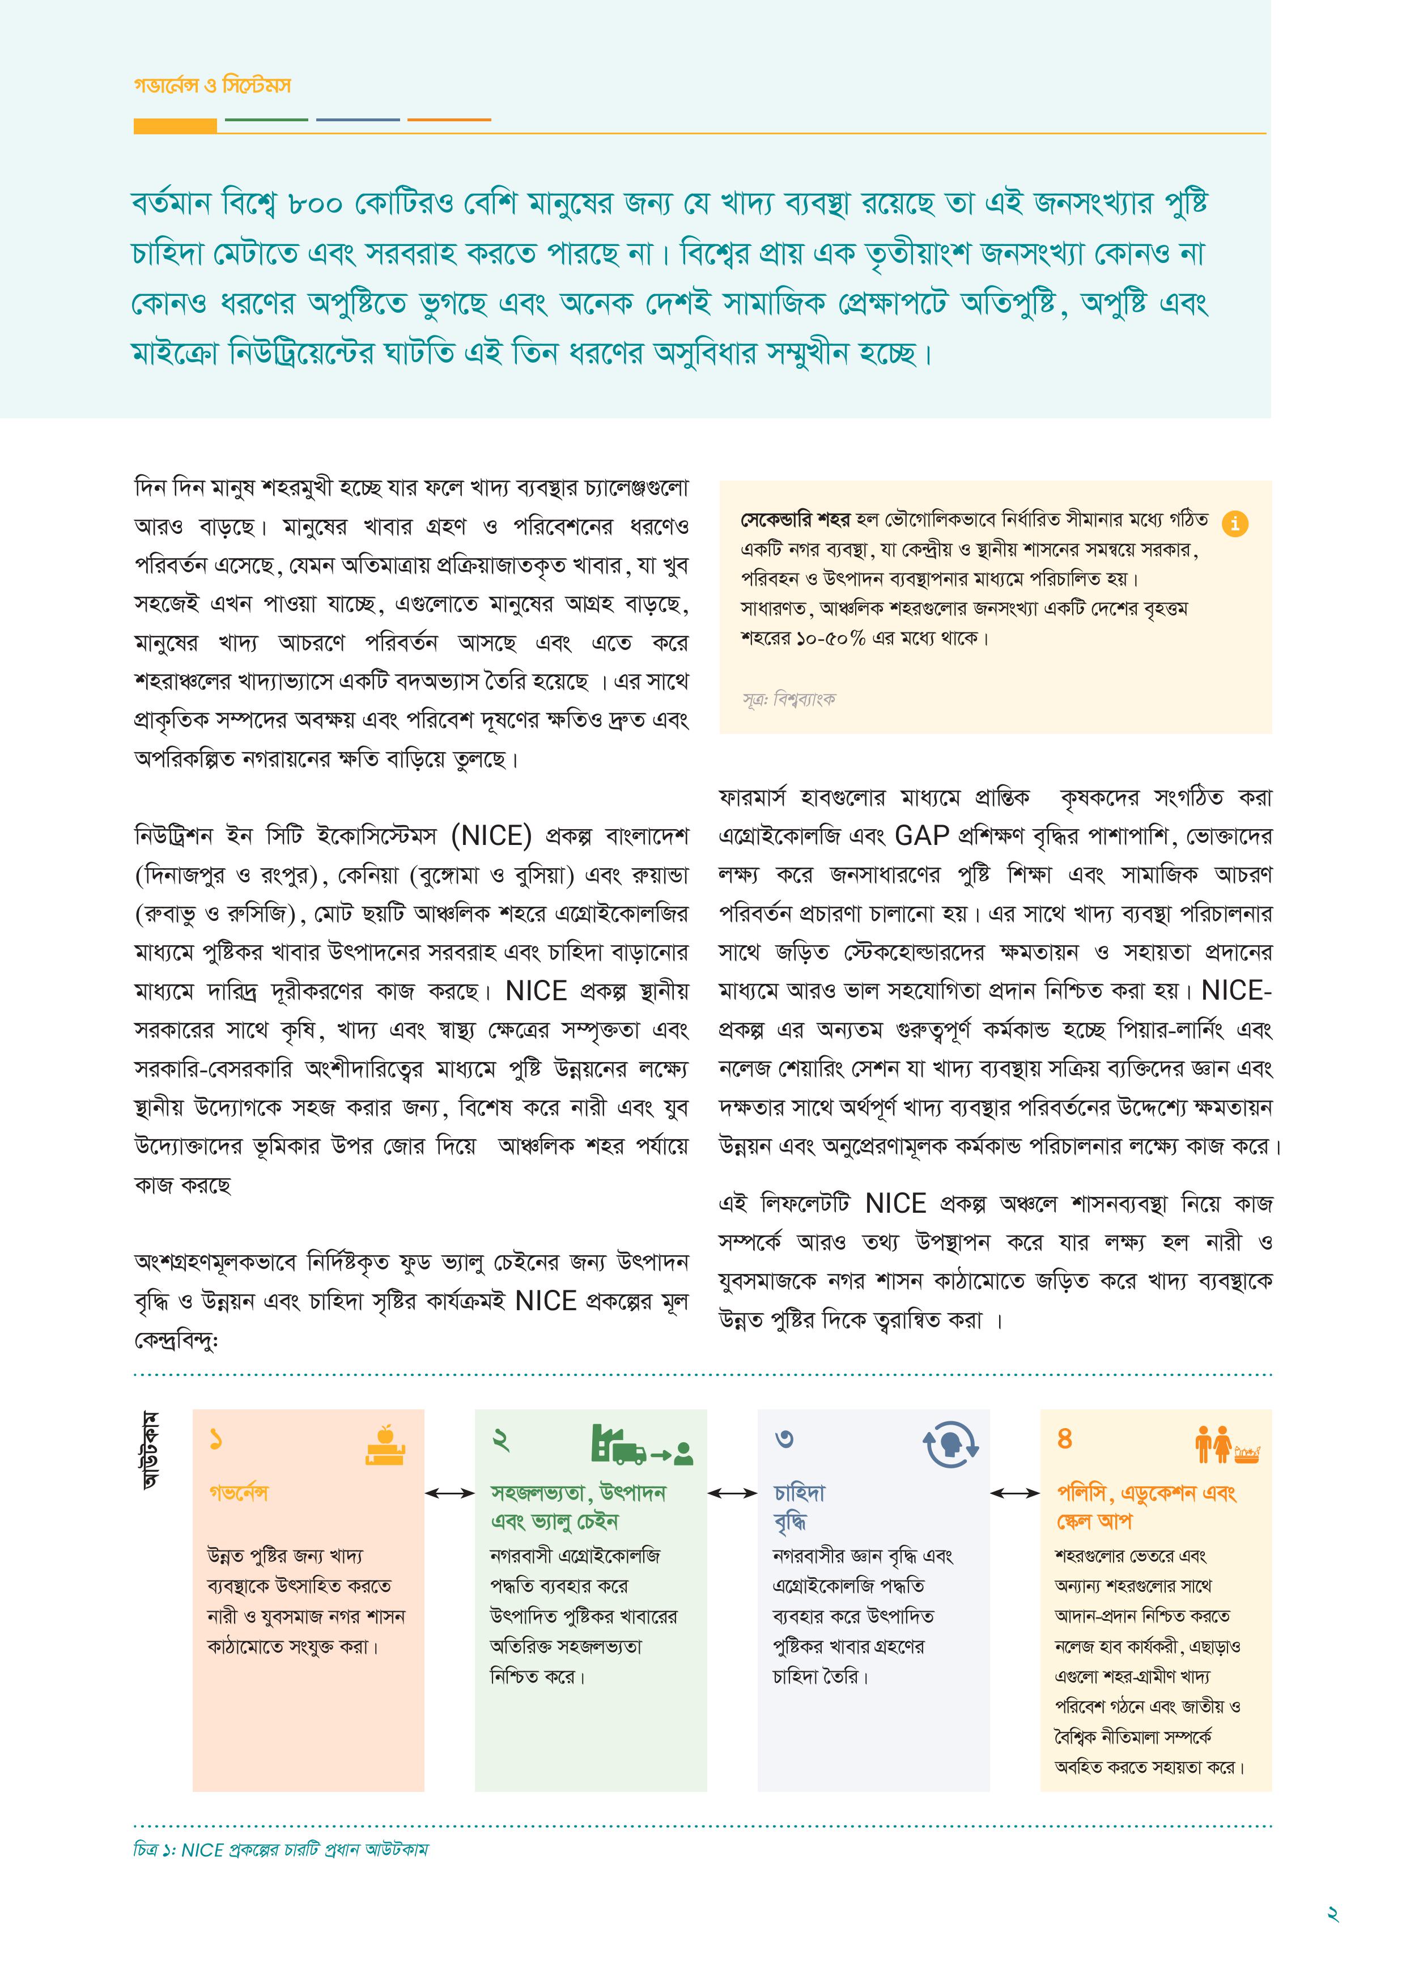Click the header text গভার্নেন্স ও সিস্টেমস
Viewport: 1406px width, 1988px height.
212,86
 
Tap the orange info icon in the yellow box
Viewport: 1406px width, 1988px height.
1235,524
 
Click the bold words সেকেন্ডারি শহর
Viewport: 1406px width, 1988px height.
796,520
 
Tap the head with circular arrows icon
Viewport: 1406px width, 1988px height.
950,1444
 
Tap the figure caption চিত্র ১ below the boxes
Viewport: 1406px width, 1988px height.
281,1850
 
